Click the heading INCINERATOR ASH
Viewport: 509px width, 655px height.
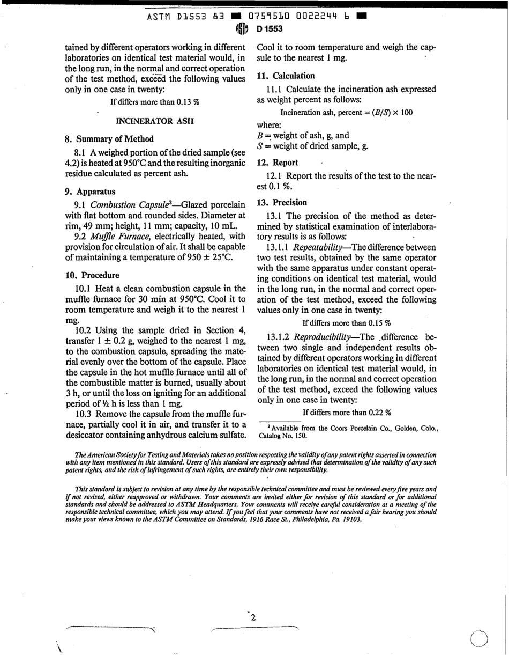pyautogui.click(x=155, y=121)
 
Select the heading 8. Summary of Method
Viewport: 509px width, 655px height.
pyautogui.click(x=109, y=138)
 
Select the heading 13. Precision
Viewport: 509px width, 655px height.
pyautogui.click(x=282, y=202)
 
